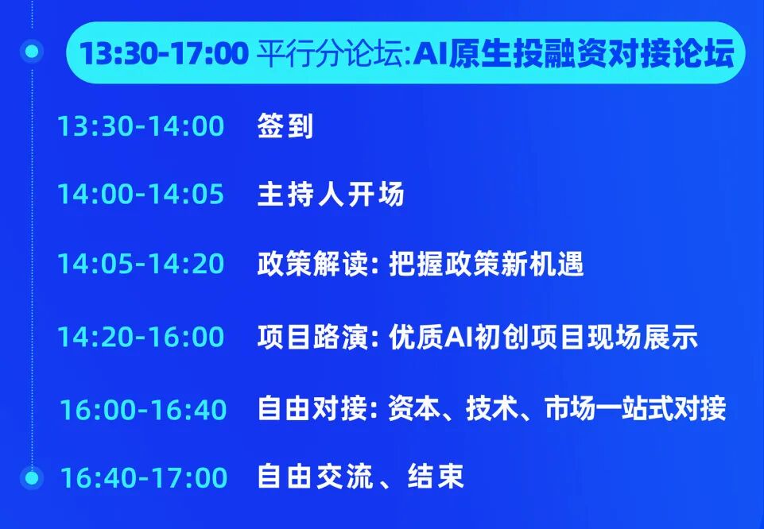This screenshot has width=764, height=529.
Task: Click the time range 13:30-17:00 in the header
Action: pos(165,53)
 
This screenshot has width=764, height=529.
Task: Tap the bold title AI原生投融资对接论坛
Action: pos(573,53)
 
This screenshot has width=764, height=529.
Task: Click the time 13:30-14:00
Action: pos(141,126)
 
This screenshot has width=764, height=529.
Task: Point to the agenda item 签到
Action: pos(285,126)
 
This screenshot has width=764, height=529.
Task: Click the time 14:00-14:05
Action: pos(141,194)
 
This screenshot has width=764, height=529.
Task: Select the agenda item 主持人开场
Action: pos(331,194)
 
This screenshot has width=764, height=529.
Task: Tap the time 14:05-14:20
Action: pos(141,263)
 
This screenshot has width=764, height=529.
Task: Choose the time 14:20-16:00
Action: pos(141,336)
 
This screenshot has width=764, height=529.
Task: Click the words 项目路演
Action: pos(312,336)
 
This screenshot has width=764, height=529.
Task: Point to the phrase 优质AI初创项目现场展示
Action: pos(543,336)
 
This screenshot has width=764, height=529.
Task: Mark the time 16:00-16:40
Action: pos(143,409)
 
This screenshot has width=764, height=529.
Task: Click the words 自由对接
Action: pos(312,409)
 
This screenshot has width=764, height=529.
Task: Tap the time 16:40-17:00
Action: pos(144,477)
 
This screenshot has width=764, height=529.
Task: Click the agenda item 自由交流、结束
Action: pos(361,477)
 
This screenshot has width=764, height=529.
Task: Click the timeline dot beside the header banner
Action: pos(32,51)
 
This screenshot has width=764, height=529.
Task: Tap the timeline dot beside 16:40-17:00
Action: pos(32,477)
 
